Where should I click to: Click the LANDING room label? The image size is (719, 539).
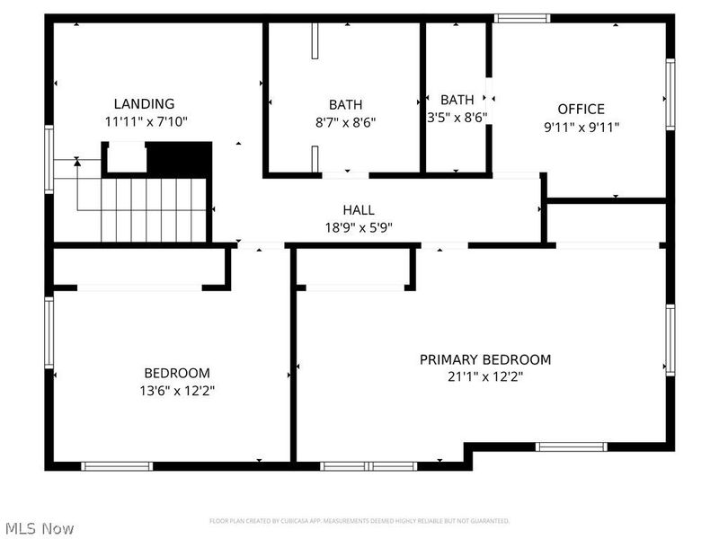[144, 103]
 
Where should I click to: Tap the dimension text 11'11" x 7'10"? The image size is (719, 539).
[145, 121]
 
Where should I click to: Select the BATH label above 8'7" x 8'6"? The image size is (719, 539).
[345, 104]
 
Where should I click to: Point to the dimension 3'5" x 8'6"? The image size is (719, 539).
[457, 117]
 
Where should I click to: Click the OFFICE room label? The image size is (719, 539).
[581, 110]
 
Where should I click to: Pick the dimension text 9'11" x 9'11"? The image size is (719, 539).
[581, 128]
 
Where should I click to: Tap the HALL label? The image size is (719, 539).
[358, 210]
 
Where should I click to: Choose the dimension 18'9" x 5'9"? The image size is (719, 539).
[358, 227]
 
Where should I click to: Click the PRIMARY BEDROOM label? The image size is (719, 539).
[485, 359]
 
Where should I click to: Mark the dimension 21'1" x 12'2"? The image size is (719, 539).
[485, 377]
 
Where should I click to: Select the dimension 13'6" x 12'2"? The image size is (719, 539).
[177, 391]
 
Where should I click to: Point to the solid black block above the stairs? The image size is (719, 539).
[179, 159]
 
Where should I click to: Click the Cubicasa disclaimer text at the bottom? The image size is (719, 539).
[359, 521]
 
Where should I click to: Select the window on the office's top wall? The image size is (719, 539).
[521, 17]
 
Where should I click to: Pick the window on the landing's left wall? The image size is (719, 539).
[49, 159]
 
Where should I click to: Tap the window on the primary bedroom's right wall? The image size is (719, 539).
[670, 340]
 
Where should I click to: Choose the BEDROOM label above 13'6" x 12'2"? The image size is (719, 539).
[177, 373]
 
